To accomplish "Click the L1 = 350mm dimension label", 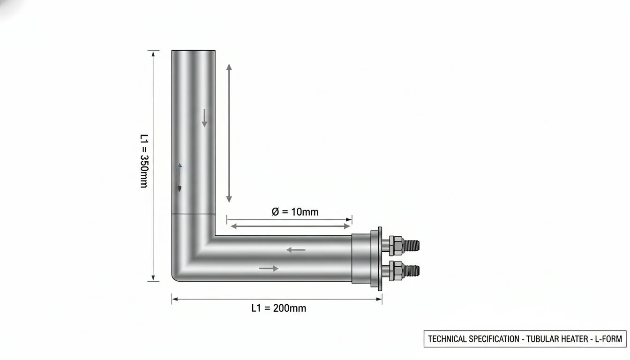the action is click(144, 161).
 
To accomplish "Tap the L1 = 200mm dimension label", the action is click(279, 308).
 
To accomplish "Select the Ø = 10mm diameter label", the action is click(295, 212).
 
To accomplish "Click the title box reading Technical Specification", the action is click(525, 339).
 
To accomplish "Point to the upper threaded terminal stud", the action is click(411, 246).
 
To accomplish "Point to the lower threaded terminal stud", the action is click(411, 270).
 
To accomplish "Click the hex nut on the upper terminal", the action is click(396, 246).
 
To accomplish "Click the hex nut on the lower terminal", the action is click(396, 270).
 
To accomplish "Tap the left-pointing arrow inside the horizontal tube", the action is click(296, 250).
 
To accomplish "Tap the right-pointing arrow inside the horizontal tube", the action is click(269, 268).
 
